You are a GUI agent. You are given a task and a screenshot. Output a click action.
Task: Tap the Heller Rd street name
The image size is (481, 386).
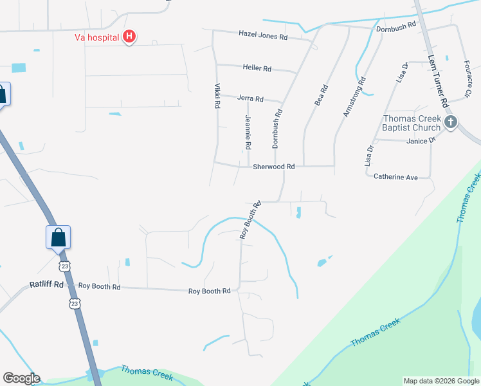[257, 68]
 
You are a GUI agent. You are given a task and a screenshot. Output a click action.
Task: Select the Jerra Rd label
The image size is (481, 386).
[250, 98]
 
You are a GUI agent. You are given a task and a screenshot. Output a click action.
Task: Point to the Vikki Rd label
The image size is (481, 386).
[217, 95]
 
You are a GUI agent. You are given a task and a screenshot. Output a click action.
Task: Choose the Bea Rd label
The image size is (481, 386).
[320, 95]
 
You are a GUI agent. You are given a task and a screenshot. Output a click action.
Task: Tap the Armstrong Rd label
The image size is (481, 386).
[354, 97]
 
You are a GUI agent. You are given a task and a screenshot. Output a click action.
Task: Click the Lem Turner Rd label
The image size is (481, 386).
[437, 80]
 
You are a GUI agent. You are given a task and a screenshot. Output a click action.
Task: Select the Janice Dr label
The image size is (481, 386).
[421, 140]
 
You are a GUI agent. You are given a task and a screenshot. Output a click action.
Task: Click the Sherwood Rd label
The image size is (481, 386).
[273, 166]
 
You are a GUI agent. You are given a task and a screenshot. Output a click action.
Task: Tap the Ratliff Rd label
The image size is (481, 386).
[47, 284]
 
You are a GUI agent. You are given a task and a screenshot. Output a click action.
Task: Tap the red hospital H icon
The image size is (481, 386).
[129, 36]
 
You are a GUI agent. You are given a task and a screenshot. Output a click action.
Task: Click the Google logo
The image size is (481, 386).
[21, 378]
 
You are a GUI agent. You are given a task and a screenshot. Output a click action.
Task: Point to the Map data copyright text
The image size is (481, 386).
[441, 381]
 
